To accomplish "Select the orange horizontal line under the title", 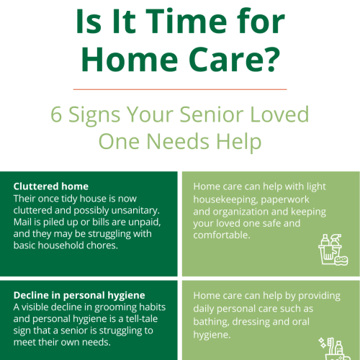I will [x=180, y=89].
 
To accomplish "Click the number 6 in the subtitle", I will [x=56, y=114].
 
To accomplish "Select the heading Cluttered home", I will [x=50, y=186].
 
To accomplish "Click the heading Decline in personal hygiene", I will [x=79, y=294].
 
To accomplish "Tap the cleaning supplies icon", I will [x=333, y=249].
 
